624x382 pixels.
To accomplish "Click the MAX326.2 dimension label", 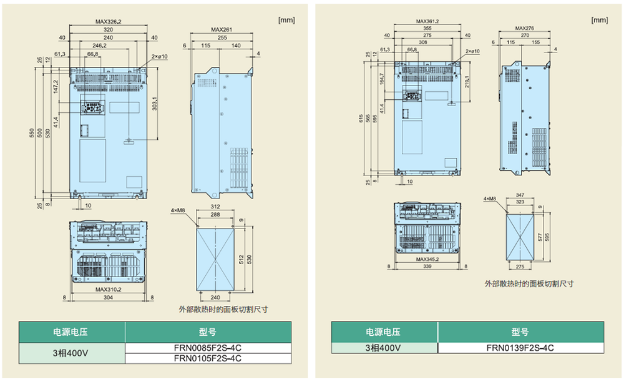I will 109,21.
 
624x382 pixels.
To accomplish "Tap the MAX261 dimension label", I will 222,29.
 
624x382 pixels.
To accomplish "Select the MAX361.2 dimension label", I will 427,21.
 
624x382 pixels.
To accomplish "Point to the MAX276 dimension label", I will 525,28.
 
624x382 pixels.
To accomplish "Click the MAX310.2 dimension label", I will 109,289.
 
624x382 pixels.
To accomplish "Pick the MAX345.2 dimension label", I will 427,259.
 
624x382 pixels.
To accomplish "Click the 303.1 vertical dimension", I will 154,100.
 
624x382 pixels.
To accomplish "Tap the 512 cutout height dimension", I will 241,260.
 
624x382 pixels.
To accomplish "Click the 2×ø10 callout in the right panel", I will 472,51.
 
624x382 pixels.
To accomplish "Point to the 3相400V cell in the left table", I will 72,353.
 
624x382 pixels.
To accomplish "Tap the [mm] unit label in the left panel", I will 286,20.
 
